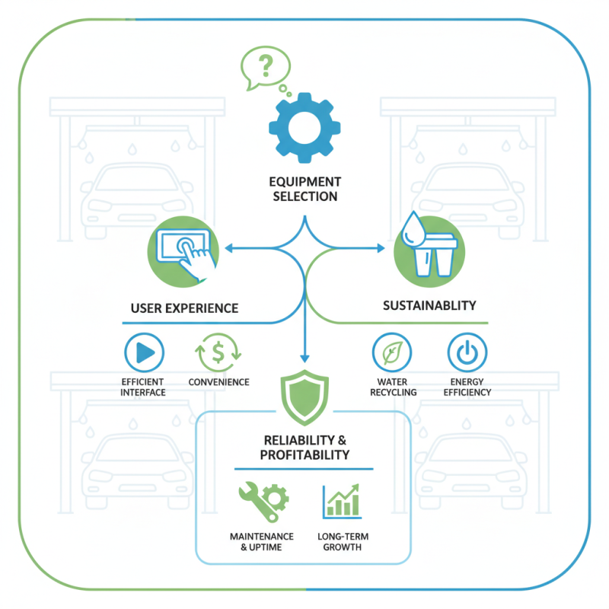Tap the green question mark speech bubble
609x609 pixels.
263,68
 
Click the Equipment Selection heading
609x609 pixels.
304,189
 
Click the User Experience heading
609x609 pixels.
184,308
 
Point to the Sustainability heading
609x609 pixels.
429,305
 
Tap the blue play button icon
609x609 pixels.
144,352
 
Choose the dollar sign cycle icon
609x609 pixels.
218,352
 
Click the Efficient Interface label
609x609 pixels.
143,387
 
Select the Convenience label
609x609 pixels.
218,382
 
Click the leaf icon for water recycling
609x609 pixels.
392,352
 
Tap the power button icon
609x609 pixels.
467,352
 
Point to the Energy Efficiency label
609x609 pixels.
467,387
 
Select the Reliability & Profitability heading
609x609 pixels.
305,448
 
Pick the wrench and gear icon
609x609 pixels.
261,499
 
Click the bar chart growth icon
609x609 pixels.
343,500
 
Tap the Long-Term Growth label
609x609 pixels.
343,541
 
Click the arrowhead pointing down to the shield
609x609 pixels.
304,356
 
